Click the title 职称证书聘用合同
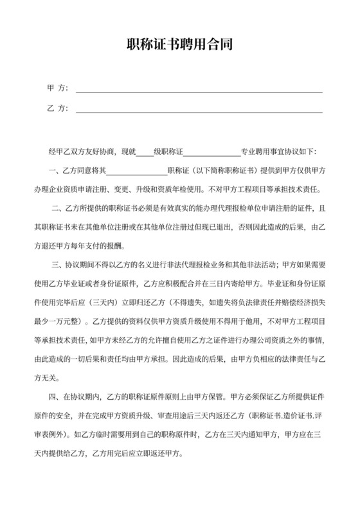pos(179,46)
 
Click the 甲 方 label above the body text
pos(57,88)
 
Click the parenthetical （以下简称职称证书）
pos(219,172)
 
